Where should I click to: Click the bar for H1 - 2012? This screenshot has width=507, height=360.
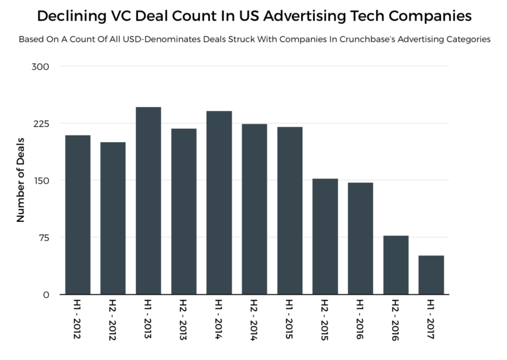coord(77,215)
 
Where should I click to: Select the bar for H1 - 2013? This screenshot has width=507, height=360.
coord(148,201)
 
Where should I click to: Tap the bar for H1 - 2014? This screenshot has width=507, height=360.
coord(219,203)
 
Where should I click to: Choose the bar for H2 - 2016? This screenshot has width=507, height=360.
coord(395,265)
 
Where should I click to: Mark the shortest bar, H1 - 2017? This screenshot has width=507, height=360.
coord(431,275)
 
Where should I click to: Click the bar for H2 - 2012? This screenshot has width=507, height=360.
coord(113,218)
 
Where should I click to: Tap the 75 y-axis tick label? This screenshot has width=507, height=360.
coord(44,238)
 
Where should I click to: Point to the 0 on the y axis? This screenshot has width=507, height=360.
coord(46,295)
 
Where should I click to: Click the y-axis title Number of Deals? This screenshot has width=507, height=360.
coord(20,180)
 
